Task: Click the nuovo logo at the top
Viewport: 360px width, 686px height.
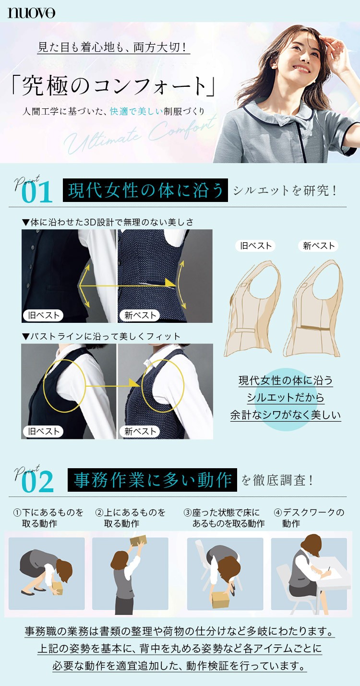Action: (x=31, y=13)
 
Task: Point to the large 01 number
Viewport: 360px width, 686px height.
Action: (x=37, y=193)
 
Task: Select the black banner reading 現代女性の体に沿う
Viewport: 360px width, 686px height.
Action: (x=145, y=190)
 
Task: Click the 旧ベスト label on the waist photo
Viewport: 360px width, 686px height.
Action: (x=43, y=315)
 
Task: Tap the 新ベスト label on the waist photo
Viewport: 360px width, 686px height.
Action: (x=140, y=315)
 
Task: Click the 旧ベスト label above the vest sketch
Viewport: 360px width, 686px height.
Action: (x=255, y=246)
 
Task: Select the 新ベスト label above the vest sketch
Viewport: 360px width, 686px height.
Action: (x=318, y=246)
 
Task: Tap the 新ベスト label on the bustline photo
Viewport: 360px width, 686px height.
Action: (x=140, y=431)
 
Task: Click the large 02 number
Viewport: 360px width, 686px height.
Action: (x=38, y=482)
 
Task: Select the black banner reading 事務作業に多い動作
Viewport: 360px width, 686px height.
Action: (x=152, y=480)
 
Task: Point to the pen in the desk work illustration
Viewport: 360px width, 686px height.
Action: (x=329, y=568)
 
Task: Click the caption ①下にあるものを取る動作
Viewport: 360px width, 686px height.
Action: (x=48, y=518)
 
